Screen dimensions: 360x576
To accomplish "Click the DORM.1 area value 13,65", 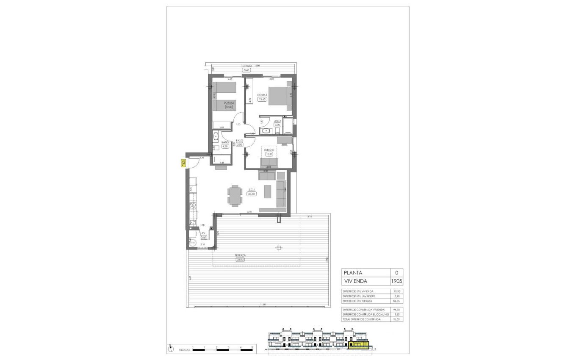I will pyautogui.click(x=262, y=100).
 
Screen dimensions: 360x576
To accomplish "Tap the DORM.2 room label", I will pyautogui.click(x=229, y=102).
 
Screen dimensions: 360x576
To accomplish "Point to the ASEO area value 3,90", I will pyautogui.click(x=278, y=125).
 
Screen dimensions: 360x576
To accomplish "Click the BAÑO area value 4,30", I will pyautogui.click(x=225, y=147).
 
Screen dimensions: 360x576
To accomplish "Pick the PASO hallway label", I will pyautogui.click(x=239, y=140).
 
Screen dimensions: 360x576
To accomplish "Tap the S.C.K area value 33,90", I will pyautogui.click(x=252, y=194).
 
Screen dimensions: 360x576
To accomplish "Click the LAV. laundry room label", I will pyautogui.click(x=203, y=233).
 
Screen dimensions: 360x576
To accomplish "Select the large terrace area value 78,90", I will pyautogui.click(x=241, y=260).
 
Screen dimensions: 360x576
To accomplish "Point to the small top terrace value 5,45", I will pyautogui.click(x=246, y=70).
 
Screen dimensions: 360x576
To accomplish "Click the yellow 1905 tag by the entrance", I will pyautogui.click(x=183, y=163).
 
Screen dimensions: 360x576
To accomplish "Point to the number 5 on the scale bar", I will pyautogui.click(x=252, y=347).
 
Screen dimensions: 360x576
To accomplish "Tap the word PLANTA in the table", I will pyautogui.click(x=353, y=273).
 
